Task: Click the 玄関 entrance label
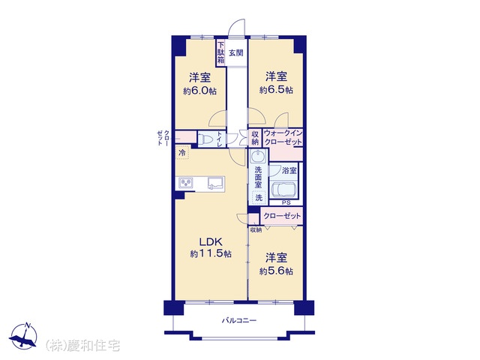(236, 52)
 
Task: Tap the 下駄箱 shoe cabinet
(220, 52)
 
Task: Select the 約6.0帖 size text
(199, 91)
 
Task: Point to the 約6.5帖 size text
(276, 90)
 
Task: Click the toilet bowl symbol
(205, 140)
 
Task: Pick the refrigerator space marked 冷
(182, 153)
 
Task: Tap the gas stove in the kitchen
(186, 183)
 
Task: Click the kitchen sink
(216, 183)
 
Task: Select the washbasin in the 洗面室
(258, 156)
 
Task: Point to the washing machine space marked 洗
(259, 197)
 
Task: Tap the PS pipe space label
(286, 202)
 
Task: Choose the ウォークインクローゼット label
(283, 138)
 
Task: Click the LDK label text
(211, 242)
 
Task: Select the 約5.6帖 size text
(276, 271)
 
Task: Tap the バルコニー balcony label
(239, 321)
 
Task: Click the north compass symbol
(23, 336)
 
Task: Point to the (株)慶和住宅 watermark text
(82, 346)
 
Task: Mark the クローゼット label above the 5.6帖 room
(282, 216)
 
